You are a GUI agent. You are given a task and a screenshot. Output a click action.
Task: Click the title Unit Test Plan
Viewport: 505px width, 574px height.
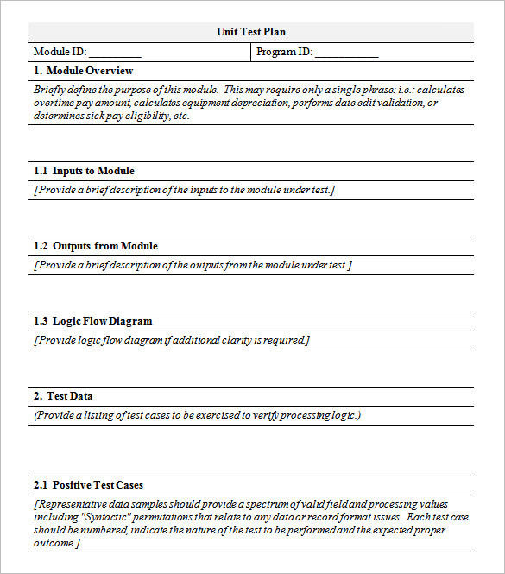pyautogui.click(x=251, y=32)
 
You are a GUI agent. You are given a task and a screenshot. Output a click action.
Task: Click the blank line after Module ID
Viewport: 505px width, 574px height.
pyautogui.click(x=115, y=53)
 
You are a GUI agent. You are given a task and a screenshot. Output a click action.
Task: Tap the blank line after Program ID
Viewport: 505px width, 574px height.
pyautogui.click(x=346, y=53)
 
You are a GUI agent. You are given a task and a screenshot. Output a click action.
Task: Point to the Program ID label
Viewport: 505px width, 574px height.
pyautogui.click(x=284, y=52)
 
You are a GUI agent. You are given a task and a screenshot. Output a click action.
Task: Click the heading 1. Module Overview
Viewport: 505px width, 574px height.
pyautogui.click(x=83, y=71)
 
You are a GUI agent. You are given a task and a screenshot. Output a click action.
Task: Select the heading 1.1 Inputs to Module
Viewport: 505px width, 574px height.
pyautogui.click(x=84, y=171)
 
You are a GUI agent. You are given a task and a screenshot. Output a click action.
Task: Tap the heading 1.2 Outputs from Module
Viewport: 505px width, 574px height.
pyautogui.click(x=95, y=246)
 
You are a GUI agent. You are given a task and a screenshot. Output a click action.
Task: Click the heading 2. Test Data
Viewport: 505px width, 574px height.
pyautogui.click(x=63, y=396)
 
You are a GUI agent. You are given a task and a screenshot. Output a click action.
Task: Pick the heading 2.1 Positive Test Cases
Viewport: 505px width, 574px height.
pyautogui.click(x=88, y=485)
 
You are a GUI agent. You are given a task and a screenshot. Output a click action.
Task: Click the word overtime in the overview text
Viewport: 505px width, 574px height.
pyautogui.click(x=55, y=103)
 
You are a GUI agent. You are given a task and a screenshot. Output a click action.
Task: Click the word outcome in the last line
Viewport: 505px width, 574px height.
pyautogui.click(x=56, y=543)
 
